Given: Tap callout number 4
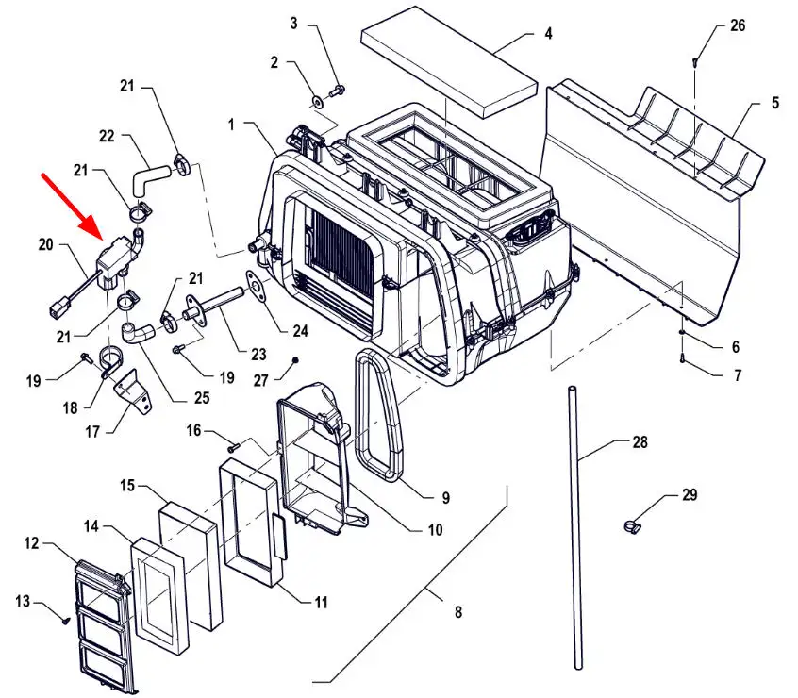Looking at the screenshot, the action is coord(548,34).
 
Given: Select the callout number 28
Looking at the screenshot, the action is coord(640,442).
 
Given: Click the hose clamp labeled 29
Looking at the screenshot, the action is coord(632,525).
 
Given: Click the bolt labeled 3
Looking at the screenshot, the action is coord(337,91).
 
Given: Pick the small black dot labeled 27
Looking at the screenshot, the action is coord(294,360).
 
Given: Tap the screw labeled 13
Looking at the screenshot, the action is coord(65,621).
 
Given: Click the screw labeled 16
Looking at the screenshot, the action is coord(234,448).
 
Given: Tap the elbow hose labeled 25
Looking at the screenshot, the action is coord(139,331).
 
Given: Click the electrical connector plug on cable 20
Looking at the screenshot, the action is coord(57,308).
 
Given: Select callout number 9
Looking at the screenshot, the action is coord(446,497).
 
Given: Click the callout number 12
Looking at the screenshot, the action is coord(31,542).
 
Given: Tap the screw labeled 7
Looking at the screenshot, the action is coord(683,359).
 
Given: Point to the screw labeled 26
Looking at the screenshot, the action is coord(694,62).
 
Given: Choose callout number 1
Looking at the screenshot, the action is coord(232,124).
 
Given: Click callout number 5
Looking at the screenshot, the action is coord(775,103).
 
